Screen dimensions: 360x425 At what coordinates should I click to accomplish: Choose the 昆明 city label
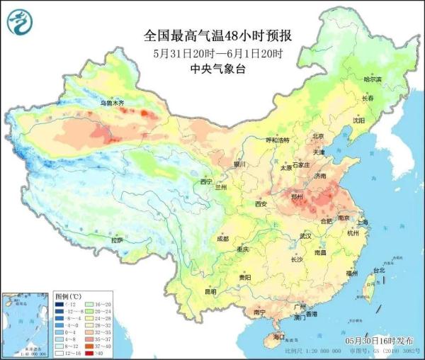pos(190,291)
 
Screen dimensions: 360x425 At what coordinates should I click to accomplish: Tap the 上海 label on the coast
pos(363,222)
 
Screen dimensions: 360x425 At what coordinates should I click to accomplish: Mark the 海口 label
pos(278,336)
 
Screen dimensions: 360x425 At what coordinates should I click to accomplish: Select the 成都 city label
pos(222,239)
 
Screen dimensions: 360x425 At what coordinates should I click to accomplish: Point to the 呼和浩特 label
pos(273,140)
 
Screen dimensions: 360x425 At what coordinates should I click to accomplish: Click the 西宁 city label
pos(206,181)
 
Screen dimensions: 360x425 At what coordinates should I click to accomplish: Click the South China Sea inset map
pos(25,322)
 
